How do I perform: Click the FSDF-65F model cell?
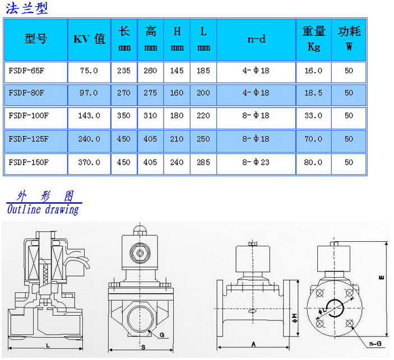click(x=26, y=71)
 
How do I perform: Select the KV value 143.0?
click(x=89, y=116)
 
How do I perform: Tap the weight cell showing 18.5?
click(x=313, y=93)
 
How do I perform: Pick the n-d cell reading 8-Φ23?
click(x=256, y=162)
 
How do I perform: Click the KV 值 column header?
click(x=89, y=39)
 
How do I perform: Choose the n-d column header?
click(x=256, y=39)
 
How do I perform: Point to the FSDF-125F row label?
click(x=29, y=139)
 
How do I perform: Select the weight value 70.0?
click(x=313, y=139)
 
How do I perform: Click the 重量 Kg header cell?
click(x=314, y=39)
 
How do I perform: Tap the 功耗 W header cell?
click(x=349, y=39)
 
